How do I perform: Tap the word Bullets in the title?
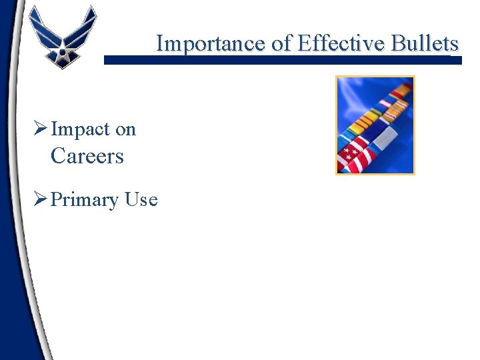click(x=426, y=43)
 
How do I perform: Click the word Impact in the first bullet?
click(x=80, y=129)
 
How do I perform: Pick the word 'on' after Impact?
click(x=125, y=129)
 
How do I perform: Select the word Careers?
click(x=87, y=157)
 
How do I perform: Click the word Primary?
click(x=83, y=199)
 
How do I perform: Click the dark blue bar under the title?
click(x=280, y=60)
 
